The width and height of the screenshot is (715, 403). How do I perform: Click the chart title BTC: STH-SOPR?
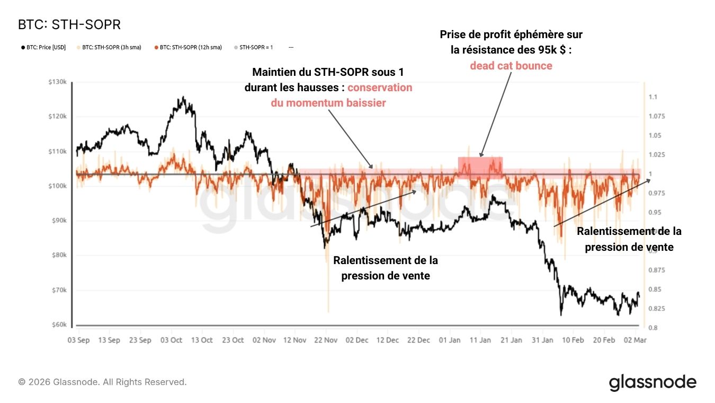(x=69, y=25)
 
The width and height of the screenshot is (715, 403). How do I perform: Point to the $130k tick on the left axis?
(x=57, y=82)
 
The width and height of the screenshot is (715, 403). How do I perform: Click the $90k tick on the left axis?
(x=58, y=221)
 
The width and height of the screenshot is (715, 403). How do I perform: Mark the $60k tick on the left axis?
(x=58, y=325)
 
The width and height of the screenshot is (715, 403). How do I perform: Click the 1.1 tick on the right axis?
(x=653, y=97)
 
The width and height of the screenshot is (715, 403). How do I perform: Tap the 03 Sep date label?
(x=78, y=340)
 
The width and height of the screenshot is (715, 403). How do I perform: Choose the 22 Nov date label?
(x=327, y=340)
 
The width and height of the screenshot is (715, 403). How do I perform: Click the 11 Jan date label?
(x=480, y=340)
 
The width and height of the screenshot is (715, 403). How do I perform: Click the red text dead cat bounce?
(x=511, y=66)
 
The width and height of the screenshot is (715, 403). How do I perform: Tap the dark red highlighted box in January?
(x=480, y=167)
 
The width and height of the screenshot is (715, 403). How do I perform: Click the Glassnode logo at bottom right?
(x=653, y=382)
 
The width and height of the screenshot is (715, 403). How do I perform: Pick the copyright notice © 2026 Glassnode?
(x=102, y=382)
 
